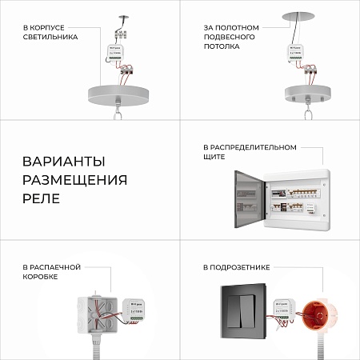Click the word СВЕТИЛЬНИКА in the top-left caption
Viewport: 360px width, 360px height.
pos(50,37)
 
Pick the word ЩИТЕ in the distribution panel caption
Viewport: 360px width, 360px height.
pos(214,158)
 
